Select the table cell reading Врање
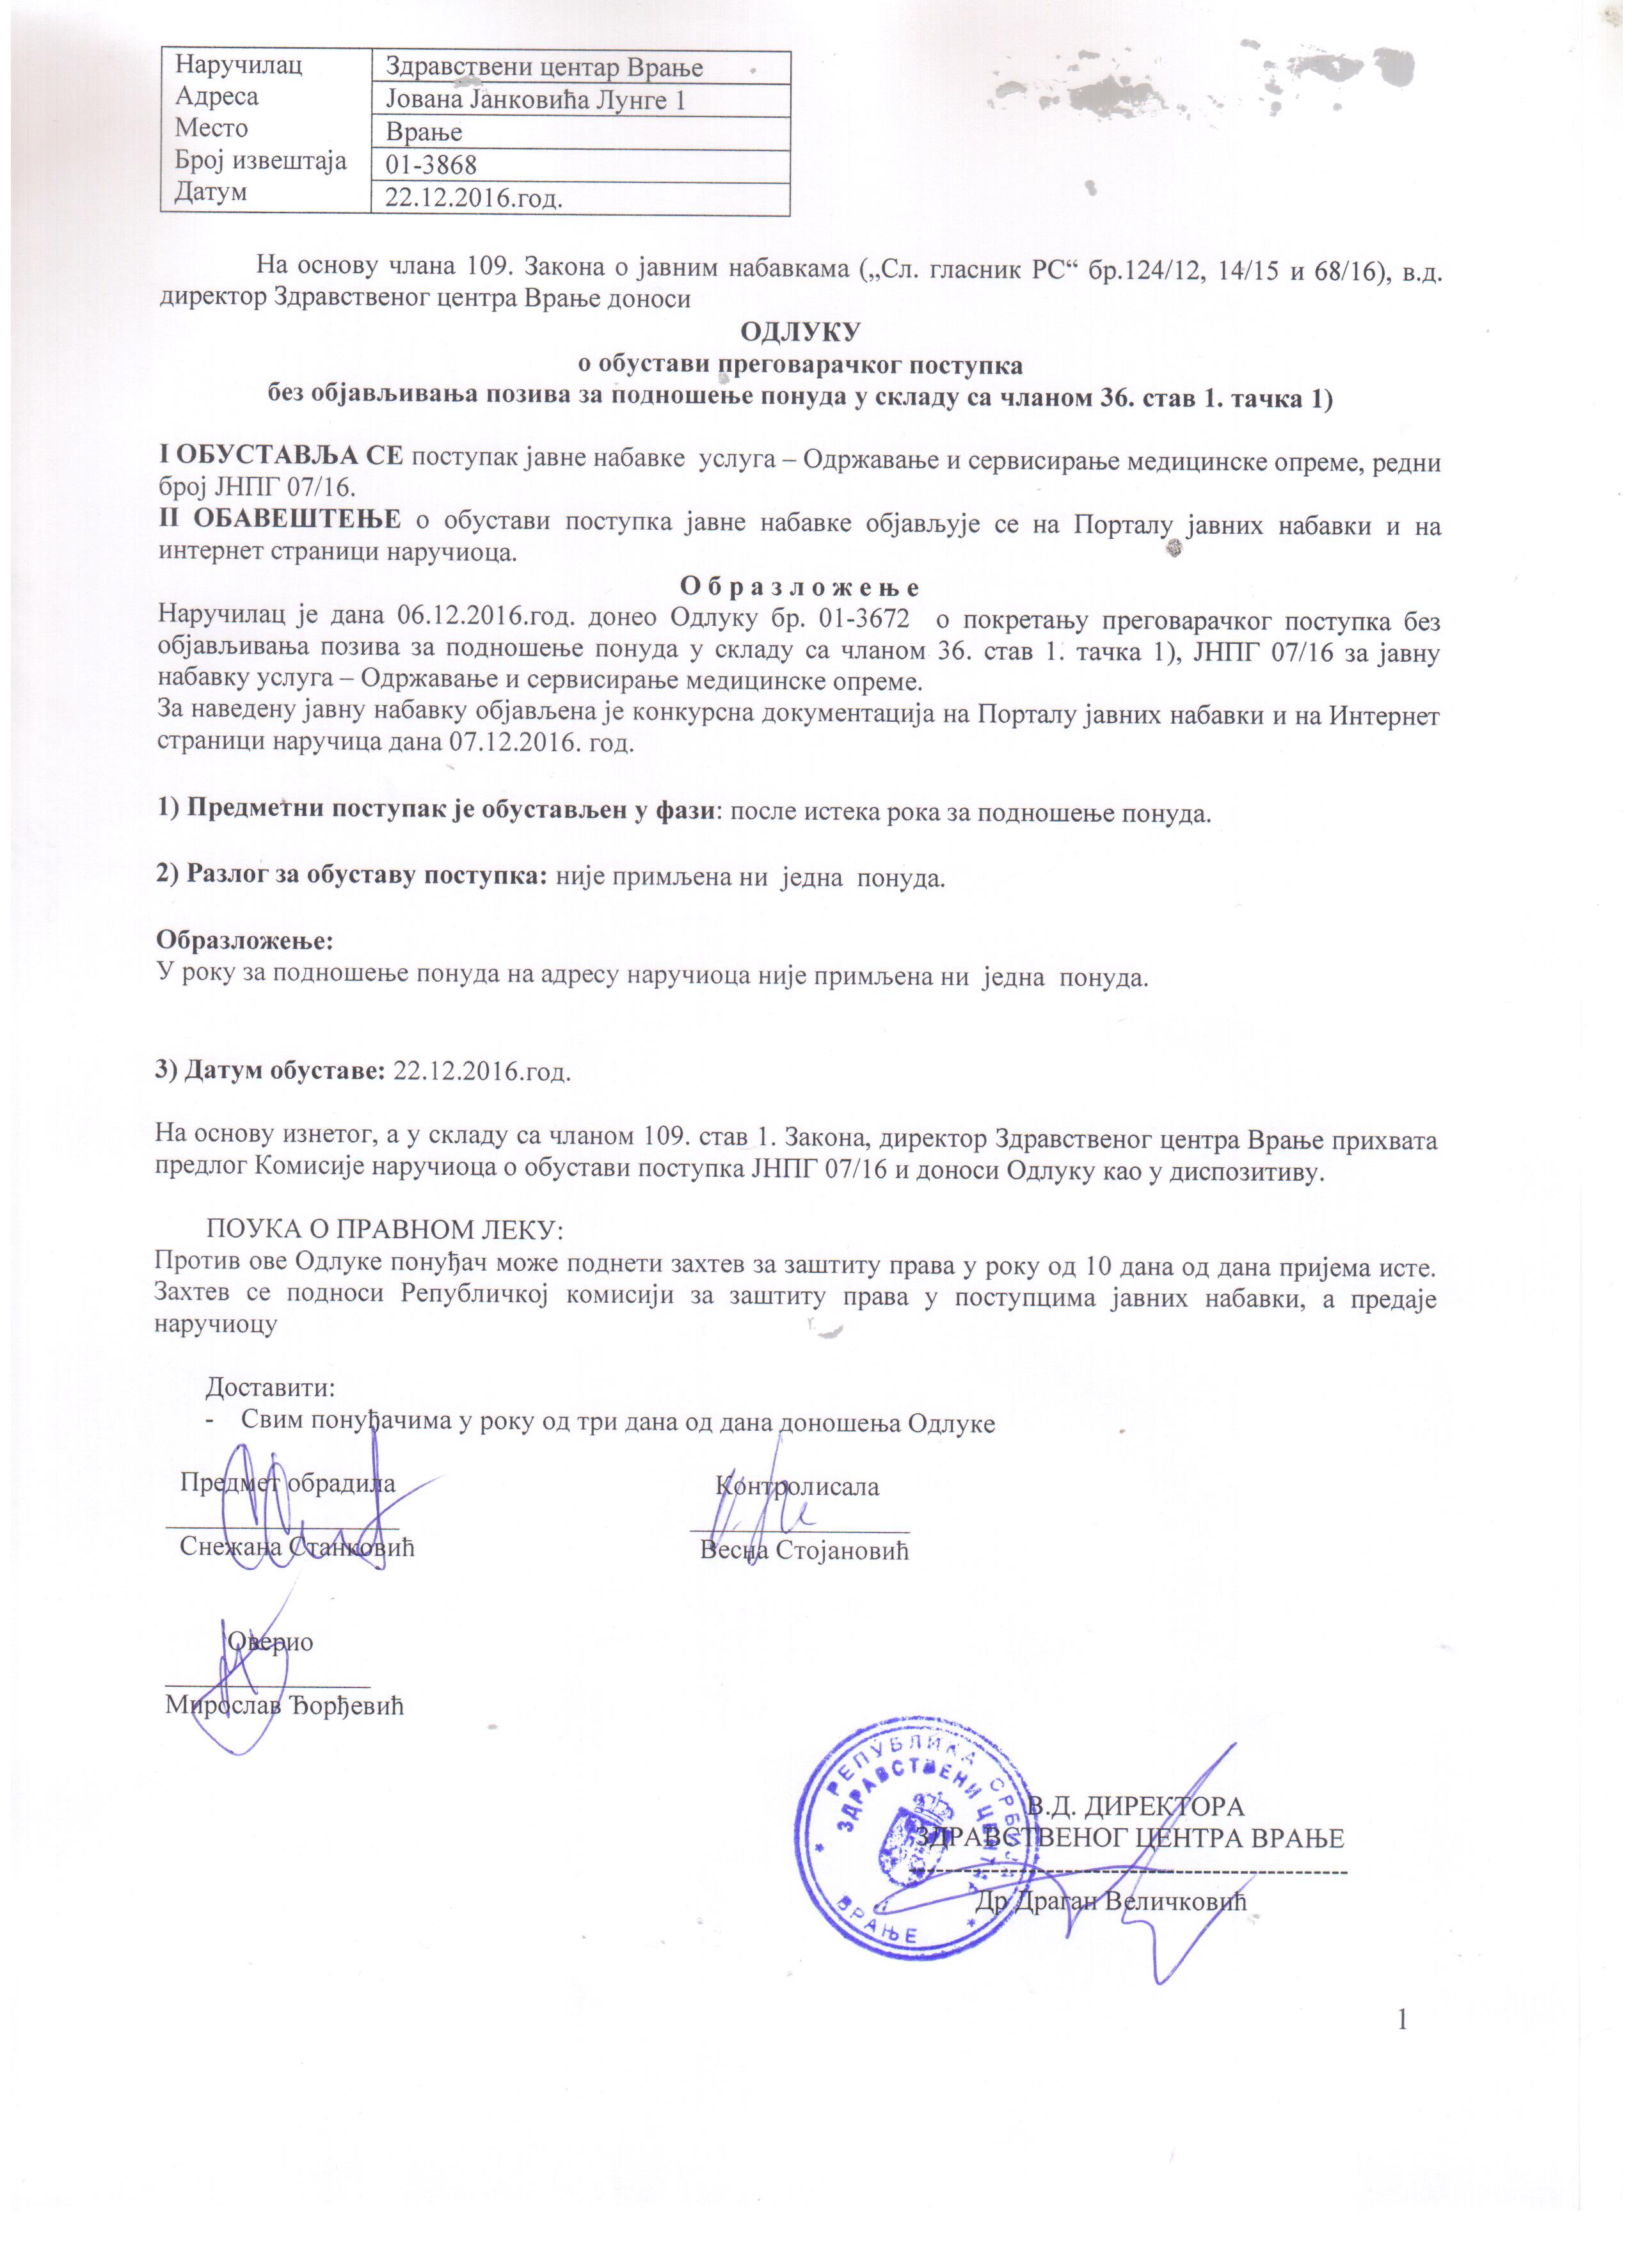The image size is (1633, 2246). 424,132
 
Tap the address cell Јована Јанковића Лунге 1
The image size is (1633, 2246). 535,100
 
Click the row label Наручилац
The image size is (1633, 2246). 239,65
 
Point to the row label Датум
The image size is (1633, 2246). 211,192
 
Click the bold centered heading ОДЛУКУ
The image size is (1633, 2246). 800,331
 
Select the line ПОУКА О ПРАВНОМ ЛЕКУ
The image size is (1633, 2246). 384,1230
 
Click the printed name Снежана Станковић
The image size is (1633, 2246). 297,1547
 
